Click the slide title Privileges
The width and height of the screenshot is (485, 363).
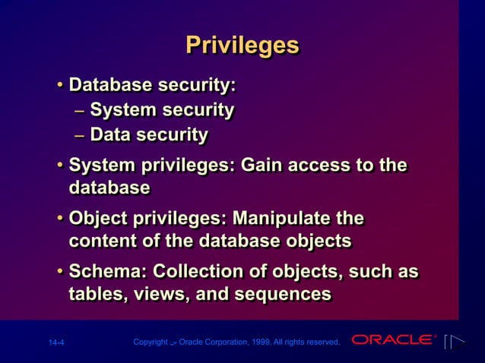coord(242,45)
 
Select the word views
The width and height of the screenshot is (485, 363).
coord(160,293)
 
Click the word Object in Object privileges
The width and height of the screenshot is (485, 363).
coord(95,219)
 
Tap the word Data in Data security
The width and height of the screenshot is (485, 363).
coord(111,135)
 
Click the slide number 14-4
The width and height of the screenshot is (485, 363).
coord(55,342)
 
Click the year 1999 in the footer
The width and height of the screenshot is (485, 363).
coord(268,342)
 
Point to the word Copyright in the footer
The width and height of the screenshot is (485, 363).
coord(150,342)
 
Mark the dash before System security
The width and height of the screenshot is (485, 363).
coord(80,111)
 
